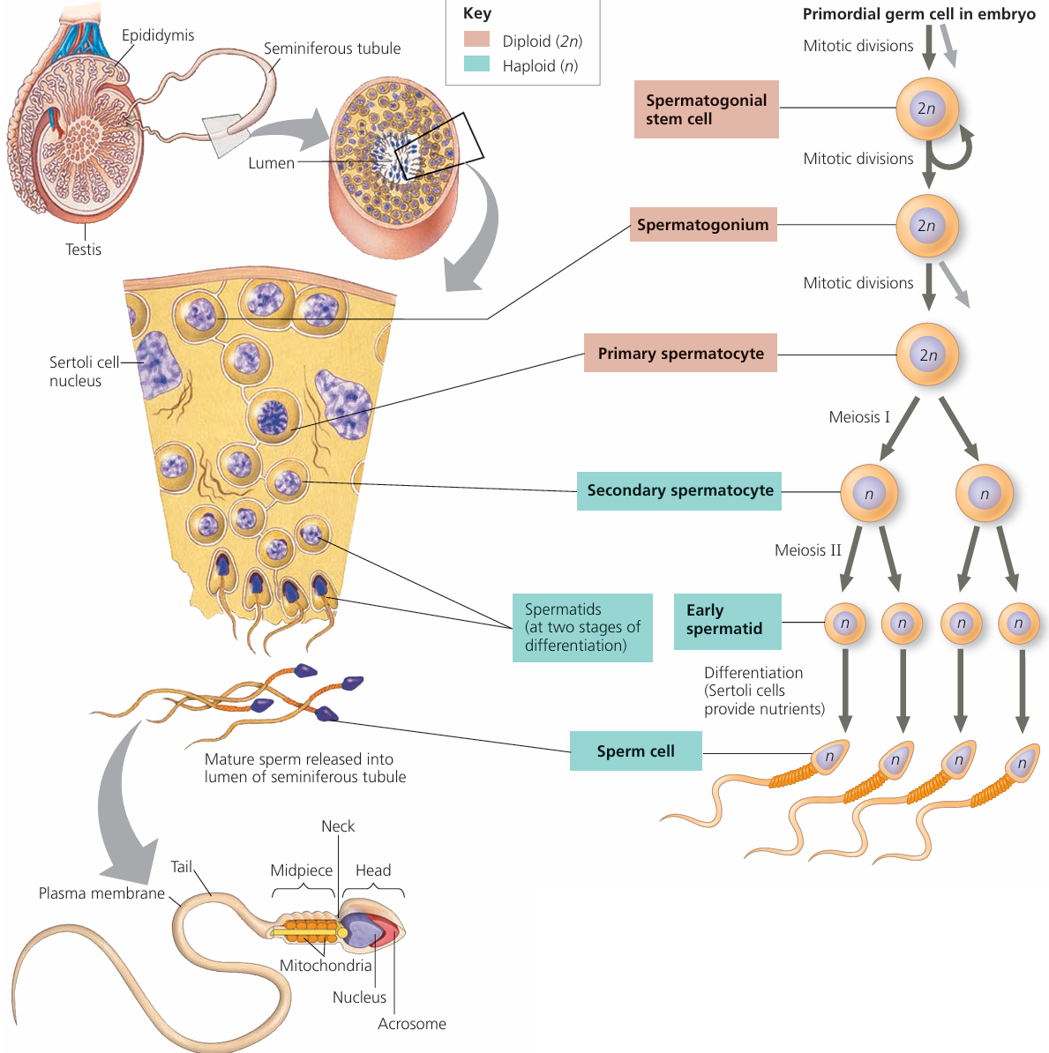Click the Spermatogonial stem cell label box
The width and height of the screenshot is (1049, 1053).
pos(706,109)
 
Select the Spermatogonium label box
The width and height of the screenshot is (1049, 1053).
pos(703,225)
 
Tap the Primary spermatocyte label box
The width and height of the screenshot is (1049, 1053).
pos(680,354)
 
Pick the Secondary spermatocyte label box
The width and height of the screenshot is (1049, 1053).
pos(679,490)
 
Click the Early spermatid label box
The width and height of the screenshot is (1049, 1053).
pos(727,620)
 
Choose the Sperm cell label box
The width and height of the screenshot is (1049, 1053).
pos(635,751)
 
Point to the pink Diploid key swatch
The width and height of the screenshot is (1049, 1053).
pos(476,40)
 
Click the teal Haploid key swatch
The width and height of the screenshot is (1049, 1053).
pos(476,64)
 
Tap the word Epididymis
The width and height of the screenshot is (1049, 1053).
pos(158,35)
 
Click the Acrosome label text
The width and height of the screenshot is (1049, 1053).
pos(412,1024)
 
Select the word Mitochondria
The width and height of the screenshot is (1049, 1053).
pos(326,966)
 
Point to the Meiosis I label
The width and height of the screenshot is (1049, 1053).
pos(859,417)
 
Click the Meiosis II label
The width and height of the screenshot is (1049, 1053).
pos(807,550)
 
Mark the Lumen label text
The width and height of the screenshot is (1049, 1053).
pos(271,163)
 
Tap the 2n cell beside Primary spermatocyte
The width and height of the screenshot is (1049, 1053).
pos(927,355)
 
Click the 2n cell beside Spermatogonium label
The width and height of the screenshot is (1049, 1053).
pos(926,226)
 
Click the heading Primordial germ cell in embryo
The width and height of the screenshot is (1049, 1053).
pos(918,14)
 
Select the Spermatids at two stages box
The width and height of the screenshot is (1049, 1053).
pos(582,627)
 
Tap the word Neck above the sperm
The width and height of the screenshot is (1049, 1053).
pos(338,826)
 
